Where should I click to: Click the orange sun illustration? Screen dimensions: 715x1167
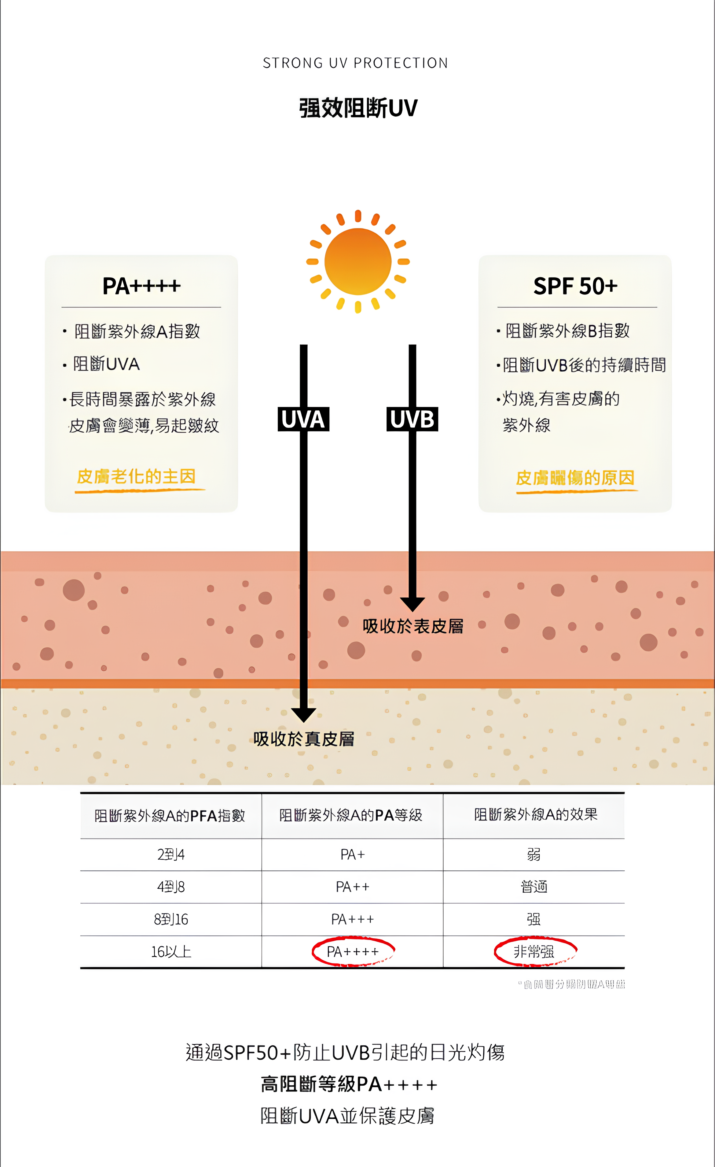(358, 261)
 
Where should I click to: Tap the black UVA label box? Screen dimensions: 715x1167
(303, 419)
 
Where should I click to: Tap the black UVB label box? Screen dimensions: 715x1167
(412, 419)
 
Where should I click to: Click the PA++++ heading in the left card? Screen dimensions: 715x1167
(141, 286)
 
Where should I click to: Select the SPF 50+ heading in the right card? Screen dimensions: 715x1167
(575, 286)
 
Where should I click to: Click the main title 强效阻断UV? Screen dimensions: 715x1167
(358, 108)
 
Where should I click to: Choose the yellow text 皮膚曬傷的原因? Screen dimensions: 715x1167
(575, 478)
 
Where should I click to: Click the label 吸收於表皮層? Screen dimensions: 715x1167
(413, 626)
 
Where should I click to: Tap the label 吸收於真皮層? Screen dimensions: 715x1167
(303, 738)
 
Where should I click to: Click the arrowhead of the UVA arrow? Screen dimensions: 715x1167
(304, 714)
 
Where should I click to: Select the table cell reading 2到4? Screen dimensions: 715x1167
(171, 854)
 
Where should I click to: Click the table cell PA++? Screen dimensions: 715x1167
(353, 887)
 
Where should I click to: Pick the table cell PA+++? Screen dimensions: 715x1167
(353, 919)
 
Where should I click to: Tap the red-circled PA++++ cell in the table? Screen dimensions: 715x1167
(353, 951)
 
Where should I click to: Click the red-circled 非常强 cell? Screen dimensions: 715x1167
(534, 951)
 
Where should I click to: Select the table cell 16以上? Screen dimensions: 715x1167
(171, 951)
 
